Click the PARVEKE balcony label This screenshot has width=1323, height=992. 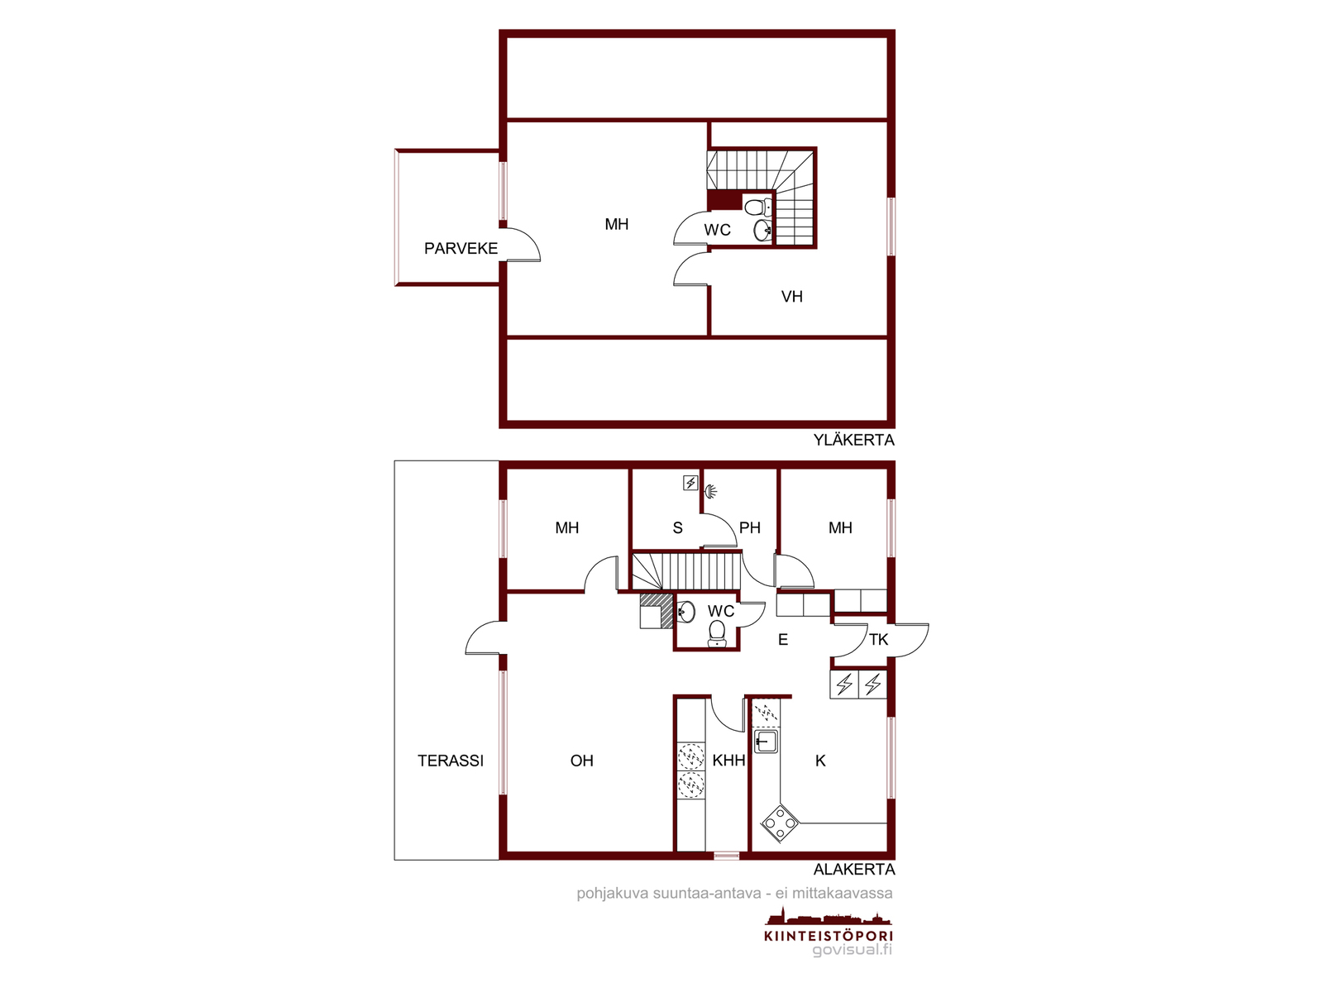pyautogui.click(x=461, y=248)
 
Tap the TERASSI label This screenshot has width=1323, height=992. pyautogui.click(x=451, y=761)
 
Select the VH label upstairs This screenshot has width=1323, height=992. pyautogui.click(x=792, y=296)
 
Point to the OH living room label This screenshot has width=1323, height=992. pyautogui.click(x=581, y=761)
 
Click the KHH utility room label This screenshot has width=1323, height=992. pyautogui.click(x=728, y=761)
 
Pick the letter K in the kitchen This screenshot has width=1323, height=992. pyautogui.click(x=820, y=761)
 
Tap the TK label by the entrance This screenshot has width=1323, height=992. pyautogui.click(x=878, y=640)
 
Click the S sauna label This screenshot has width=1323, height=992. pyautogui.click(x=677, y=527)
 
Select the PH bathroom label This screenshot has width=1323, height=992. pyautogui.click(x=750, y=527)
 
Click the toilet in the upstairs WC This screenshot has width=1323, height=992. pyautogui.click(x=757, y=207)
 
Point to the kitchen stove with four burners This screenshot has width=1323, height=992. pyautogui.click(x=780, y=823)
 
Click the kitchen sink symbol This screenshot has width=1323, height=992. pyautogui.click(x=766, y=742)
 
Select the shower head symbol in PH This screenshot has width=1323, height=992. pyautogui.click(x=712, y=492)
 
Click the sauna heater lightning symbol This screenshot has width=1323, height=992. pyautogui.click(x=690, y=483)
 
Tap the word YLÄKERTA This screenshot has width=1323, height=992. pyautogui.click(x=853, y=441)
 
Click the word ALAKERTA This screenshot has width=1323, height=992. pyautogui.click(x=854, y=870)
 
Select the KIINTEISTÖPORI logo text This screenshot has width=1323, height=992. pyautogui.click(x=829, y=936)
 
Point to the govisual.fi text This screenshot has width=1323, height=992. pyautogui.click(x=852, y=951)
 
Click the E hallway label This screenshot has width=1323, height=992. pyautogui.click(x=783, y=640)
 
